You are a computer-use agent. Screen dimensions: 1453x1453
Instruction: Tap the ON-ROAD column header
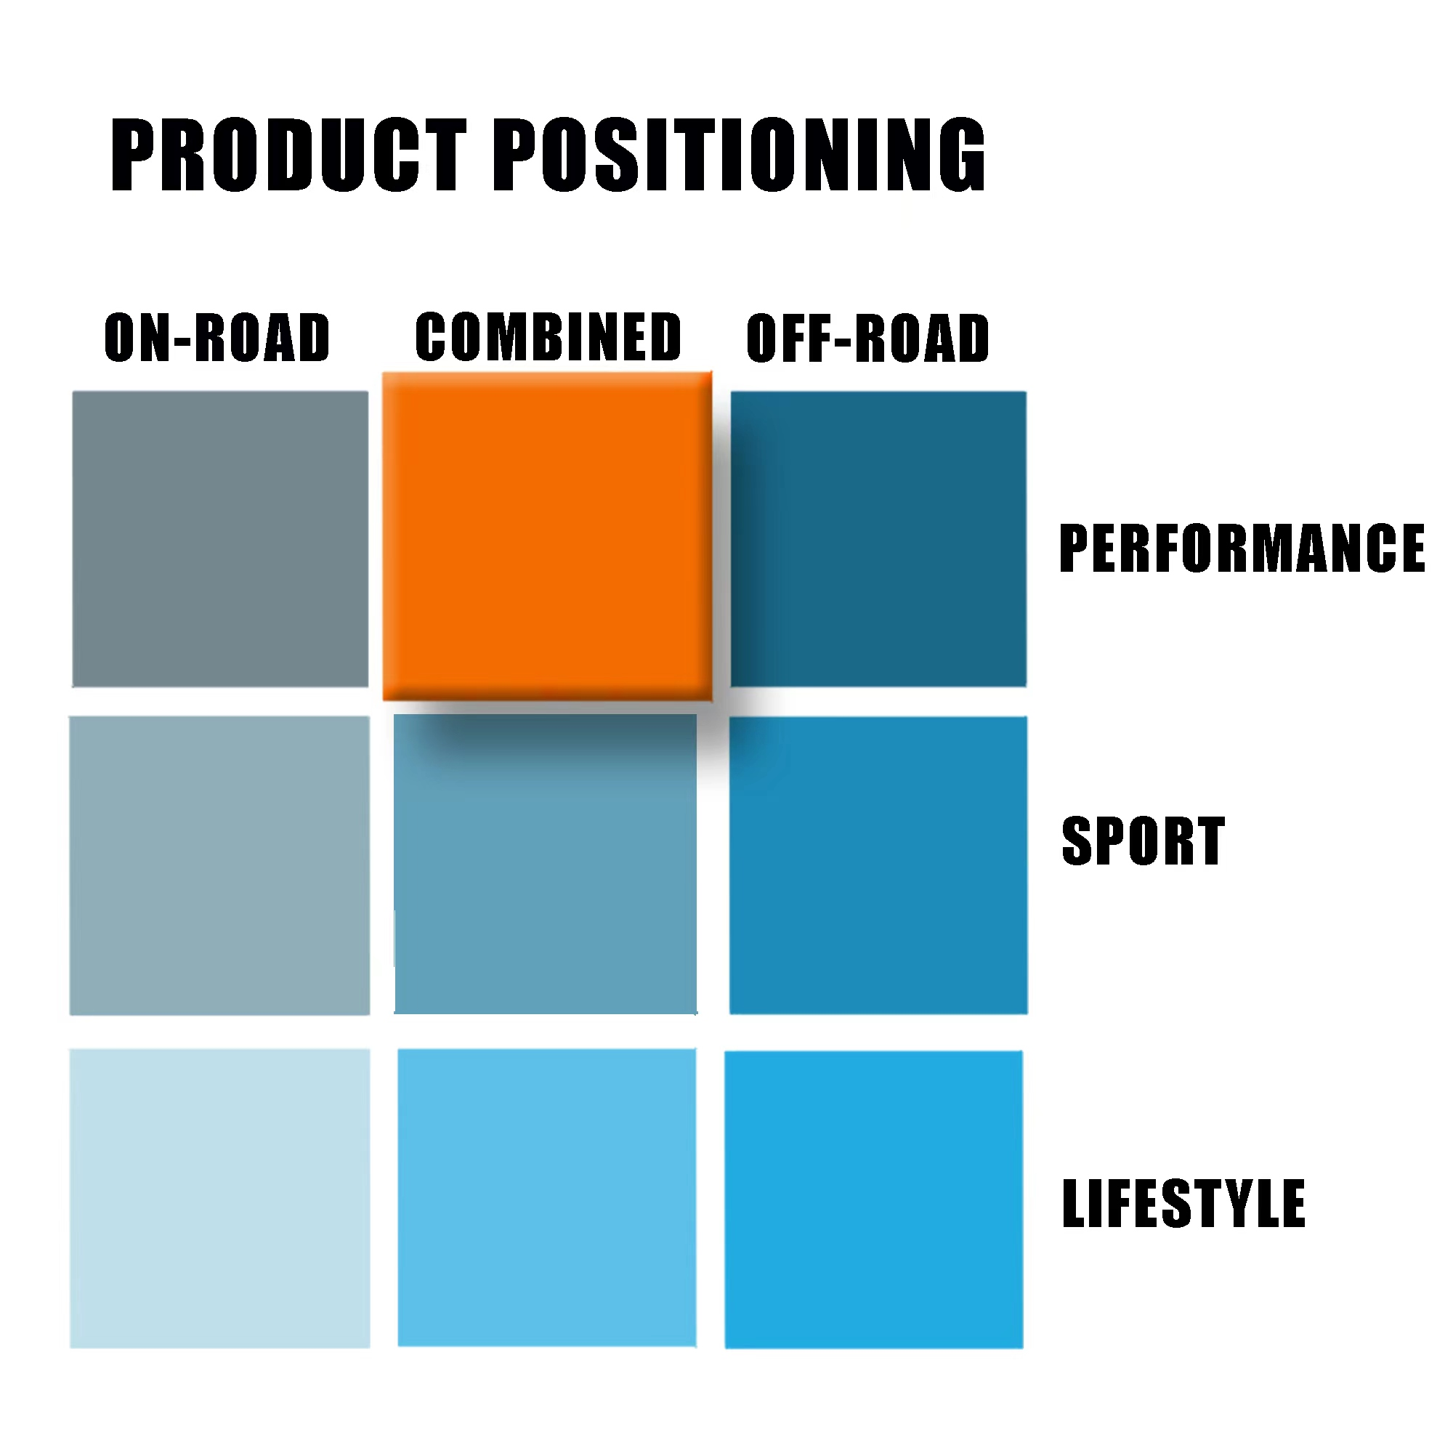click(x=217, y=338)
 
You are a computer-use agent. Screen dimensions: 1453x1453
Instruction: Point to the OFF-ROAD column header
click(x=868, y=339)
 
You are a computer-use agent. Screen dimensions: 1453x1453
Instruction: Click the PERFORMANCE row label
click(x=1242, y=549)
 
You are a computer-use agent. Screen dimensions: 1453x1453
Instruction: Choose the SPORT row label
click(x=1143, y=841)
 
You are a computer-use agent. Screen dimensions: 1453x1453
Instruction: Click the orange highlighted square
click(x=548, y=536)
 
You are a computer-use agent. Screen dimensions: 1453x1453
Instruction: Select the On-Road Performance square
click(x=220, y=539)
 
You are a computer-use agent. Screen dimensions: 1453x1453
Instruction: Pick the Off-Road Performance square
click(x=878, y=539)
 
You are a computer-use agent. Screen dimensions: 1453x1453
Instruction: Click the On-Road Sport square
click(x=219, y=866)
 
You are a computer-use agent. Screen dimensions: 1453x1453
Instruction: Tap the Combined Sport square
click(x=546, y=864)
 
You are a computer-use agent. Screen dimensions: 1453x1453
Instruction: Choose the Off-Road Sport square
click(x=878, y=866)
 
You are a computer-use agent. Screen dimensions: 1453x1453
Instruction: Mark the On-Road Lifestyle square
click(x=219, y=1199)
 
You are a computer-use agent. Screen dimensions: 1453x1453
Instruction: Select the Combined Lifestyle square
click(x=547, y=1198)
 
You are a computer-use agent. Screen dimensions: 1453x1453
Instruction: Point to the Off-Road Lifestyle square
click(x=874, y=1199)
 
